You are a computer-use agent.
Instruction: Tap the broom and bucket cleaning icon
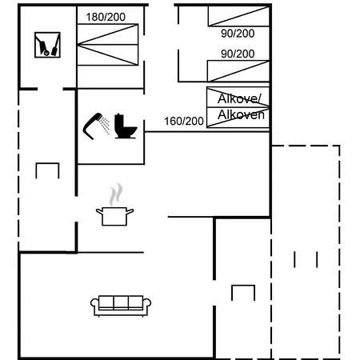tap(47, 45)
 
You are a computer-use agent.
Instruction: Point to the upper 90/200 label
tap(238, 34)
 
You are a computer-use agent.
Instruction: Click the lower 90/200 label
tap(238, 54)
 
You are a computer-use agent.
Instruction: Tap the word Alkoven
tap(241, 114)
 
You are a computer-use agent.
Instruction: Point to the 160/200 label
tap(184, 121)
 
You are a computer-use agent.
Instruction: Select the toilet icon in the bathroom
tap(126, 126)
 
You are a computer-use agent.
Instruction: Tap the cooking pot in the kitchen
tap(114, 215)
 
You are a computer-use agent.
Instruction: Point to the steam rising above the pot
tap(117, 194)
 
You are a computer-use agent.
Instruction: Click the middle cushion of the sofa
tap(121, 302)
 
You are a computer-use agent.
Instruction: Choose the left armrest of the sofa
tap(94, 305)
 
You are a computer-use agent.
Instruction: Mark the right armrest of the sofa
tap(148, 305)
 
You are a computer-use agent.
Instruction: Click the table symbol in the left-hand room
tap(47, 170)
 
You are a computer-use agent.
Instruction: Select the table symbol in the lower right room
tap(242, 292)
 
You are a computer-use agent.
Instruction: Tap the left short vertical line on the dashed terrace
tap(295, 260)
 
